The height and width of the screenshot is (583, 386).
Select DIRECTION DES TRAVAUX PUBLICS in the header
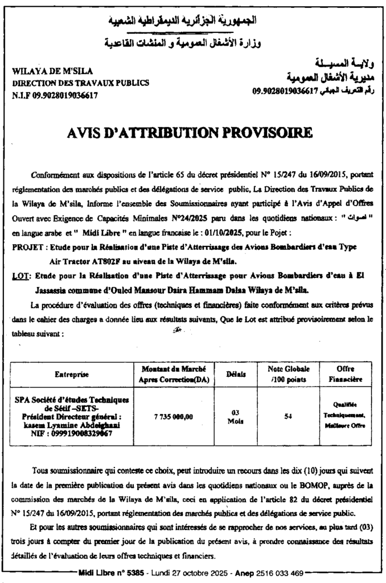80,83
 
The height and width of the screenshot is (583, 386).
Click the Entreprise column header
72,375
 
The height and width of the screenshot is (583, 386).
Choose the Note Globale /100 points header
288,374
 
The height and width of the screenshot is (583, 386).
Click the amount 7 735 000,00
174,417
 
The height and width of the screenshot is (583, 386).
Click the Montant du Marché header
174,374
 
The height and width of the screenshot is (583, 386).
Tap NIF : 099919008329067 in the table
72,433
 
